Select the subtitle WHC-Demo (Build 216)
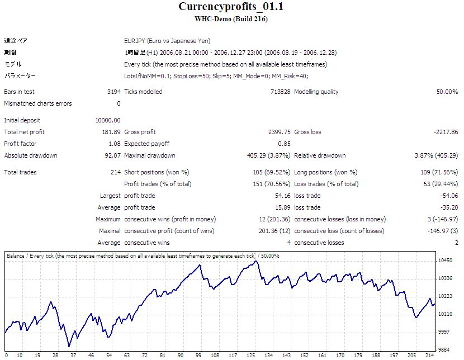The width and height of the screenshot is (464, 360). (x=231, y=19)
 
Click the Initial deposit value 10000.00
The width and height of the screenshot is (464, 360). (x=108, y=120)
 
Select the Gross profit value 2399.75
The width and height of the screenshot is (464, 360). (x=279, y=132)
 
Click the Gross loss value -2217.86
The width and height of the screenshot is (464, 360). (x=446, y=132)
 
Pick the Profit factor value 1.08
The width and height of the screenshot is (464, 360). (x=115, y=144)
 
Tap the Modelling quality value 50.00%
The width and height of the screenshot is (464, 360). (x=447, y=92)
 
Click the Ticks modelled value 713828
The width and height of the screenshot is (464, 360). (x=279, y=92)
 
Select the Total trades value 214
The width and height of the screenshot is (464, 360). (x=115, y=172)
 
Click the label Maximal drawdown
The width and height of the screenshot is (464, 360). (x=149, y=155)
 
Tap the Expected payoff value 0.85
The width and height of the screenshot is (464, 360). (x=283, y=144)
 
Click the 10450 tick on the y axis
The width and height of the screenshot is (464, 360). (x=446, y=260)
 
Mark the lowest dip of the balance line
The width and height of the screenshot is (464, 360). (x=69, y=346)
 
